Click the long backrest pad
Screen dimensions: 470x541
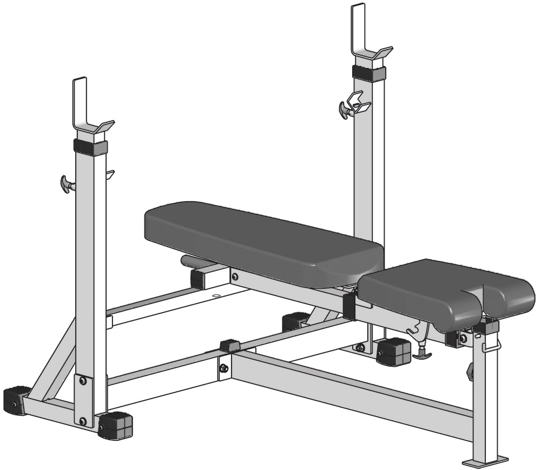[260, 238]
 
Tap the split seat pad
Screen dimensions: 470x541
[444, 292]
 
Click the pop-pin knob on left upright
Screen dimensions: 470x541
[67, 183]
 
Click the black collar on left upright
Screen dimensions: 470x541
[90, 147]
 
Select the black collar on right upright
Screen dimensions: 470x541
[368, 73]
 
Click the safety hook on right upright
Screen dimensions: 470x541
[358, 103]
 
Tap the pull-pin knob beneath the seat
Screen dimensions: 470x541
[422, 354]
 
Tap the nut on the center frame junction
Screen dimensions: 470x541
[223, 368]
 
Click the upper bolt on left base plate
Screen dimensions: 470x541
[83, 381]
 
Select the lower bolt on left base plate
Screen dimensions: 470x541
[83, 421]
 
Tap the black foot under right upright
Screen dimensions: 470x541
[393, 352]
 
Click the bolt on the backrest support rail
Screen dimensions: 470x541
[234, 276]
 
